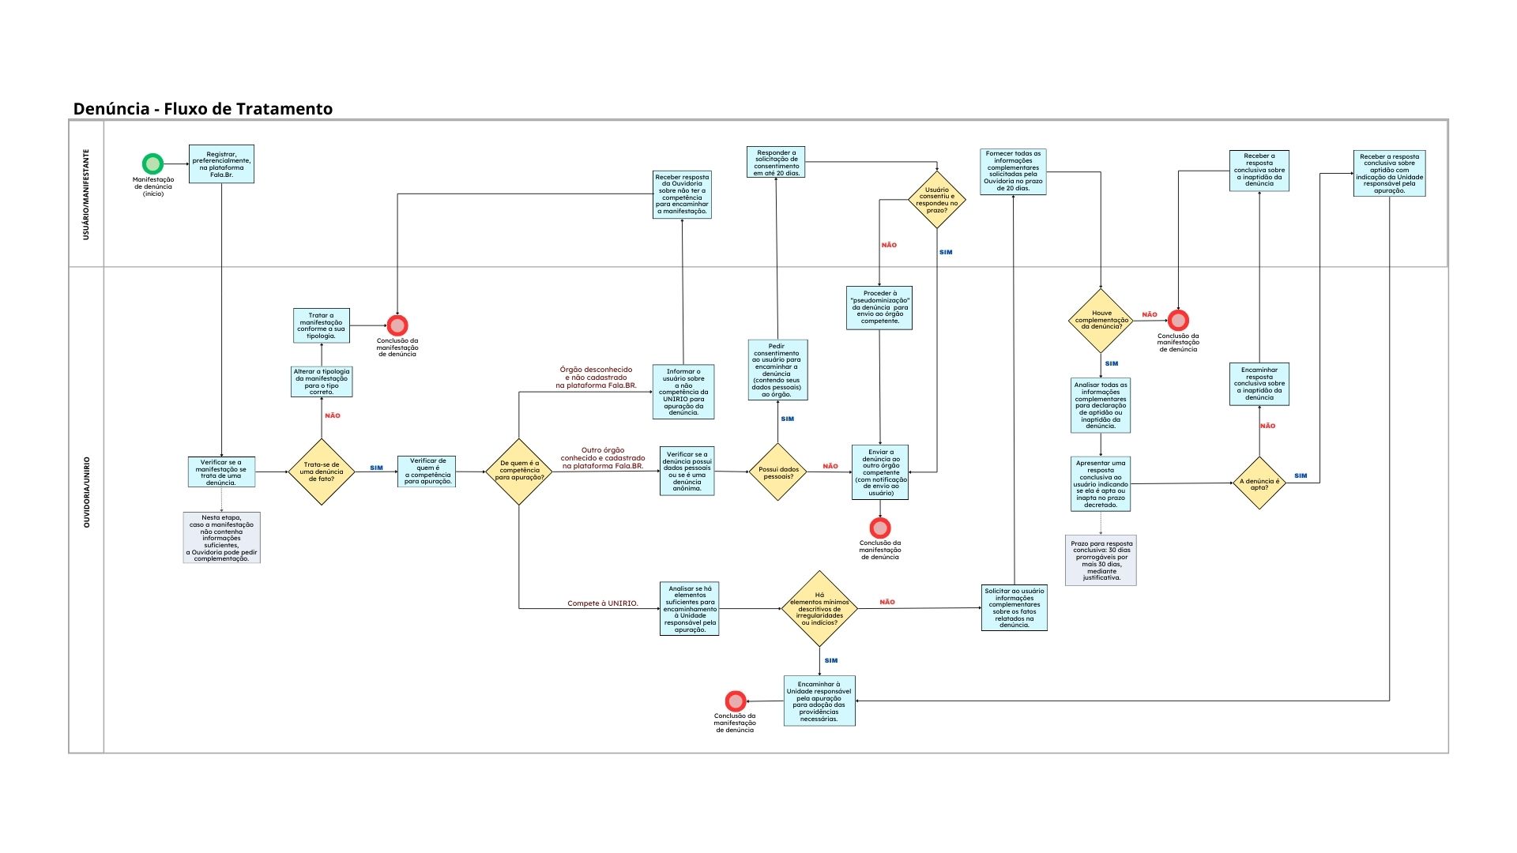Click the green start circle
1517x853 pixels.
coord(152,163)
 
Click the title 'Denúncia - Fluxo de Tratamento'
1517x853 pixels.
coord(203,109)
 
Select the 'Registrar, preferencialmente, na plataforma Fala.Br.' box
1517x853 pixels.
coord(221,163)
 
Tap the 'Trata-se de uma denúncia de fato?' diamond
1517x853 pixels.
coord(322,472)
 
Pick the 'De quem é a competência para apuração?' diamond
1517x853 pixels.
coord(519,472)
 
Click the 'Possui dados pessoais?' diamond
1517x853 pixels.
coord(778,472)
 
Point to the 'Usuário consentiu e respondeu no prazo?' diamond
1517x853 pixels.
coord(937,200)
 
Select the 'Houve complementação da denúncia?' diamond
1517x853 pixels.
coord(1101,320)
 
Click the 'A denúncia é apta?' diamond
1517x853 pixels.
coord(1259,483)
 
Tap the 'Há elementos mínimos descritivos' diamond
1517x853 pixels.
coord(819,608)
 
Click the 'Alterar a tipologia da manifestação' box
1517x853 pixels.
coord(322,381)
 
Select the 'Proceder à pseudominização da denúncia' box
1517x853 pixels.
coord(879,307)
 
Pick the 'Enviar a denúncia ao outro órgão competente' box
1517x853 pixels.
coord(880,472)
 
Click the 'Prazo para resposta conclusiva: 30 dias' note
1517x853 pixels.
coord(1101,560)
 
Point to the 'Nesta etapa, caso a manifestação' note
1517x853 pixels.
coord(221,538)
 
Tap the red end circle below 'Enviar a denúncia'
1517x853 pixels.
coord(880,528)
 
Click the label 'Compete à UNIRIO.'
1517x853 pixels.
coord(602,603)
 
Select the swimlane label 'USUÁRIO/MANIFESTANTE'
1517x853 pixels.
coord(86,194)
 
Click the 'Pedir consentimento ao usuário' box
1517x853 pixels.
coord(777,370)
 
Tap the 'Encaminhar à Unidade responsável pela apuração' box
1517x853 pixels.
coord(819,701)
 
